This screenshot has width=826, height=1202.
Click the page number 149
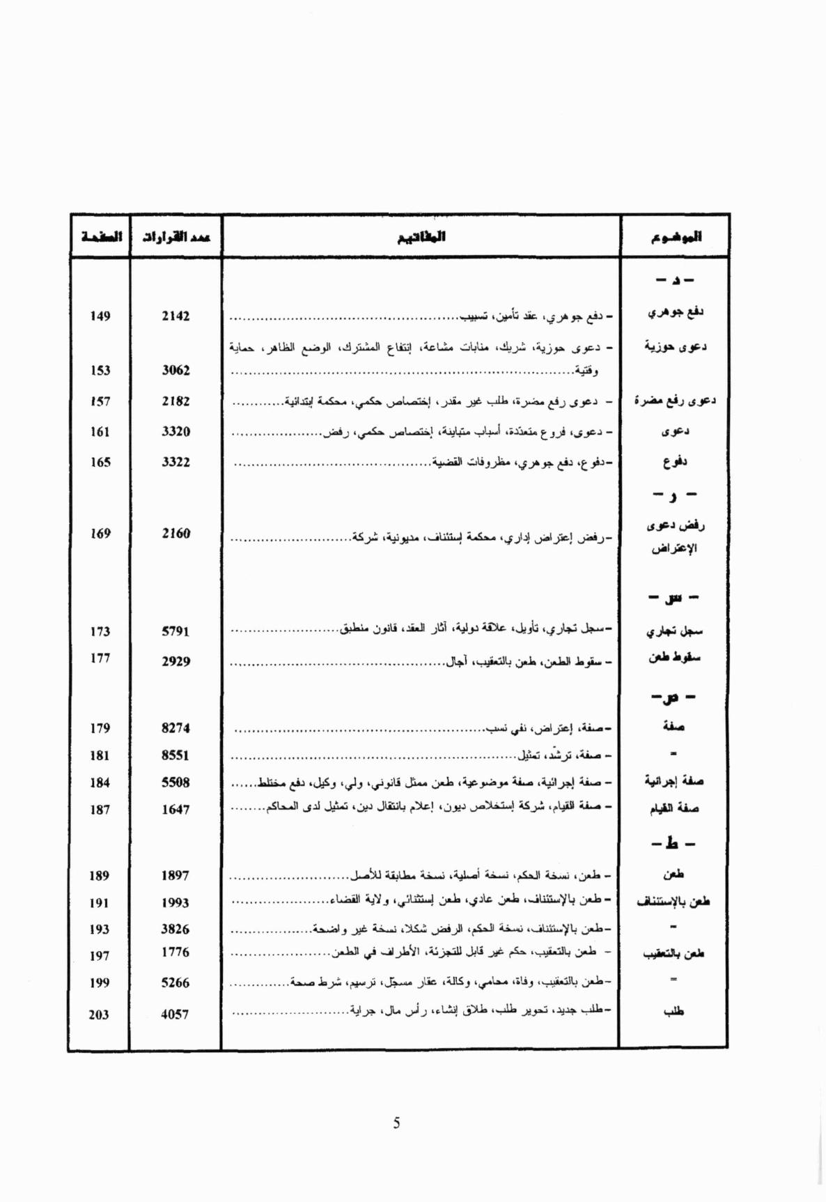pyautogui.click(x=100, y=316)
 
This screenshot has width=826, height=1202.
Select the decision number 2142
pyautogui.click(x=176, y=316)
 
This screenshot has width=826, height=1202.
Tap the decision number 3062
pyautogui.click(x=176, y=371)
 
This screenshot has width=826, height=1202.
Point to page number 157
pyautogui.click(x=100, y=401)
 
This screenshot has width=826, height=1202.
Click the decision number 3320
pyautogui.click(x=176, y=432)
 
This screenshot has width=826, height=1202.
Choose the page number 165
pyautogui.click(x=100, y=462)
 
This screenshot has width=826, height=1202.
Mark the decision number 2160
pyautogui.click(x=176, y=534)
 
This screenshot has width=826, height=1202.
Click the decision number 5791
pyautogui.click(x=176, y=631)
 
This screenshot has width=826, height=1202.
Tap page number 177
pyautogui.click(x=100, y=658)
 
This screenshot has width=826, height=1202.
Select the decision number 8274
pyautogui.click(x=176, y=728)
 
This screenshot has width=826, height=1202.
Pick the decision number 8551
pyautogui.click(x=176, y=755)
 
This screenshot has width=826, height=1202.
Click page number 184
pyautogui.click(x=100, y=783)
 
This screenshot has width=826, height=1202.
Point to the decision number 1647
pyautogui.click(x=176, y=810)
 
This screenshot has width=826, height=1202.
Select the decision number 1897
pyautogui.click(x=176, y=876)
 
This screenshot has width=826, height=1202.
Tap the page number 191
pyautogui.click(x=100, y=903)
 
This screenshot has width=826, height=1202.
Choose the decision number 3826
pyautogui.click(x=176, y=930)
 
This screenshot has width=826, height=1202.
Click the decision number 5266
pyautogui.click(x=176, y=983)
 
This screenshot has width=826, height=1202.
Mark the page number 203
pyautogui.click(x=99, y=1015)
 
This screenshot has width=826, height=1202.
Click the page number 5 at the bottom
pyautogui.click(x=396, y=1123)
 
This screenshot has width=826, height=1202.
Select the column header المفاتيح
pyautogui.click(x=421, y=237)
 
